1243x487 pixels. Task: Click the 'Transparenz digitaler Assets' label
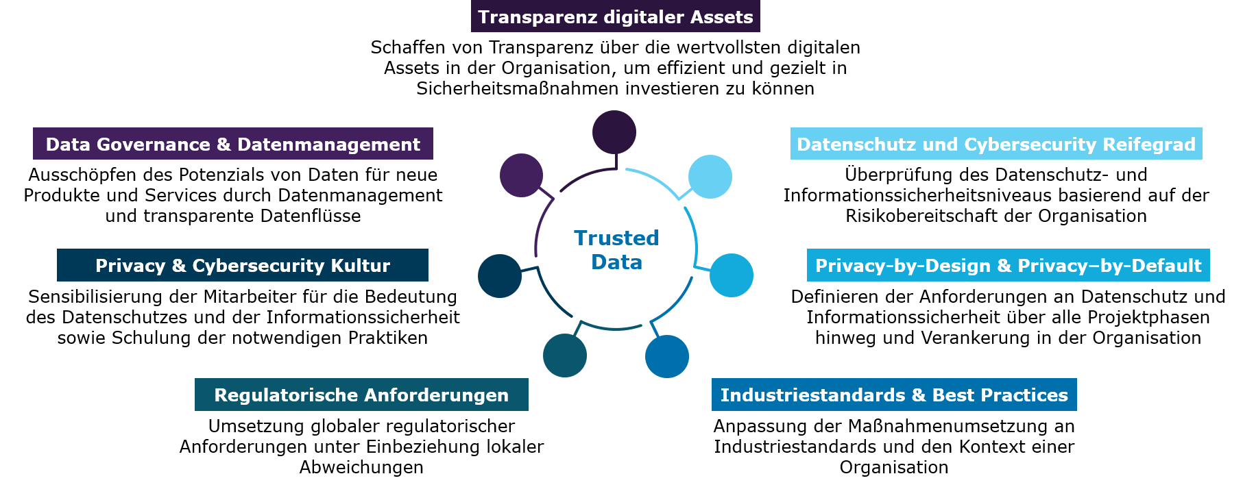[x=615, y=16]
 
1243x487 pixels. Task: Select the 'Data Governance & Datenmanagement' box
[x=232, y=144]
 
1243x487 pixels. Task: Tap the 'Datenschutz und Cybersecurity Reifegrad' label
[x=995, y=144]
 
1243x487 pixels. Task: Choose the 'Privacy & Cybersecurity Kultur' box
[x=242, y=265]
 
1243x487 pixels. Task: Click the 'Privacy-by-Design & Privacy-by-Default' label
[x=1008, y=265]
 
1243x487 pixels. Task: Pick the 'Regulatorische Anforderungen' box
[x=361, y=395]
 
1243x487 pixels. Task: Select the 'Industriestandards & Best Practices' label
[x=894, y=395]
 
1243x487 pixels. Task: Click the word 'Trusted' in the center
[x=616, y=238]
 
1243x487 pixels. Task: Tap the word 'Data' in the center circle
[x=616, y=262]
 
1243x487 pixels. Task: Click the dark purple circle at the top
[x=614, y=132]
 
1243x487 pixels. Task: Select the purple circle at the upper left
[x=521, y=175]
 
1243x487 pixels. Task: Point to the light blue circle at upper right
[x=710, y=177]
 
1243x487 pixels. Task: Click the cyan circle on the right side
[x=732, y=275]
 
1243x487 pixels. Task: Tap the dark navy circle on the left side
[x=500, y=276]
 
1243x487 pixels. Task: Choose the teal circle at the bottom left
[x=565, y=355]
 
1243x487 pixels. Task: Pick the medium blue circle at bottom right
[x=667, y=356]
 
